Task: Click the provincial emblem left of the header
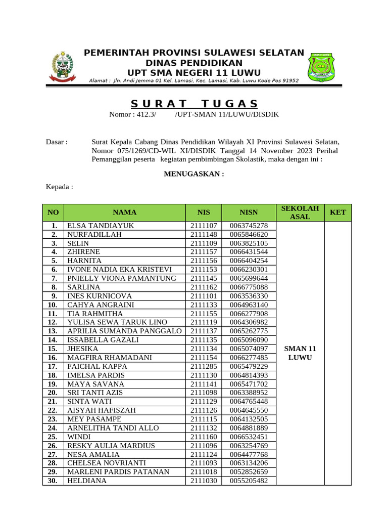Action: [x=61, y=67]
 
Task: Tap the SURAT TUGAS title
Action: [x=195, y=104]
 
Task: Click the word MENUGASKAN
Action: [x=194, y=174]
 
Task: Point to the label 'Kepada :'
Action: [x=60, y=187]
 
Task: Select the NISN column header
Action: [x=249, y=212]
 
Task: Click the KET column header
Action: [x=337, y=212]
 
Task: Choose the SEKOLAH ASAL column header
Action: [x=300, y=212]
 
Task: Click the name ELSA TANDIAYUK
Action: [x=101, y=226]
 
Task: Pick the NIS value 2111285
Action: [x=204, y=366]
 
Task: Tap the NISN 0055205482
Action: [x=249, y=481]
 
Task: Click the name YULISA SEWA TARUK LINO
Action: [x=117, y=322]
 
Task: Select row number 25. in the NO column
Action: [x=53, y=437]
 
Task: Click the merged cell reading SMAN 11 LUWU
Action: [x=300, y=353]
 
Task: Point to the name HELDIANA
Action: [x=87, y=481]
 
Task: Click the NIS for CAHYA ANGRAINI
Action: [x=204, y=305]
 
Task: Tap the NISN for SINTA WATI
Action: [x=249, y=402]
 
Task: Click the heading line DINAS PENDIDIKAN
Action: [x=194, y=63]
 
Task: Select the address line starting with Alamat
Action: [x=194, y=80]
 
